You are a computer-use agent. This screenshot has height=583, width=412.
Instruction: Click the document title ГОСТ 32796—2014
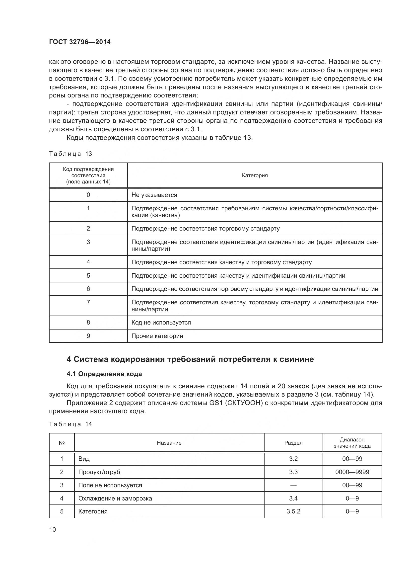80,42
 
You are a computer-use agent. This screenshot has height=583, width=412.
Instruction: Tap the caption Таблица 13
70,154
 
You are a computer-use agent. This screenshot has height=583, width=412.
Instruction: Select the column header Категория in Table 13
255,175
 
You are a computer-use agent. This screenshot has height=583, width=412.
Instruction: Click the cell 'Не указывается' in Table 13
154,195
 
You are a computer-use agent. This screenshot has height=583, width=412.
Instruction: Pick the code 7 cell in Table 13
88,302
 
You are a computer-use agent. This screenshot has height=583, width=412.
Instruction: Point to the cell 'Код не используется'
161,323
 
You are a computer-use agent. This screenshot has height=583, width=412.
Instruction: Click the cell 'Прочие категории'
157,336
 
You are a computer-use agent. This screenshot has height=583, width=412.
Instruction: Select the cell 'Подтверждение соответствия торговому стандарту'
206,229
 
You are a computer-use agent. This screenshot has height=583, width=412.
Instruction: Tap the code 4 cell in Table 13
88,262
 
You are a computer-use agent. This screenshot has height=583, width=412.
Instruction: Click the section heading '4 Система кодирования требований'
190,359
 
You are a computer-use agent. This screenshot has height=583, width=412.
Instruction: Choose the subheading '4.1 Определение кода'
104,374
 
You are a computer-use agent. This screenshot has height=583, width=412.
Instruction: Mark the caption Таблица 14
70,424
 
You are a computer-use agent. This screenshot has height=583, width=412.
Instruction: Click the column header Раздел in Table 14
293,443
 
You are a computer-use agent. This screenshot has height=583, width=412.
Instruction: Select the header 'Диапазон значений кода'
352,443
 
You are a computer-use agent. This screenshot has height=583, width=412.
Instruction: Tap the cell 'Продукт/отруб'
99,472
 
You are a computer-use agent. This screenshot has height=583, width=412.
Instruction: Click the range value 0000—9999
352,472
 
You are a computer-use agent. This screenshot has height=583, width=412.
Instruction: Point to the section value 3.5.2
293,511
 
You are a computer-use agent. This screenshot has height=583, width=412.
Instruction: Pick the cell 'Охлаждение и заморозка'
115,499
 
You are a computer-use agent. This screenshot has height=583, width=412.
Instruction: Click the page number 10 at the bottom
53,530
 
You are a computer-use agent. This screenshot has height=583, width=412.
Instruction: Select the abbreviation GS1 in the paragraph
216,403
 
